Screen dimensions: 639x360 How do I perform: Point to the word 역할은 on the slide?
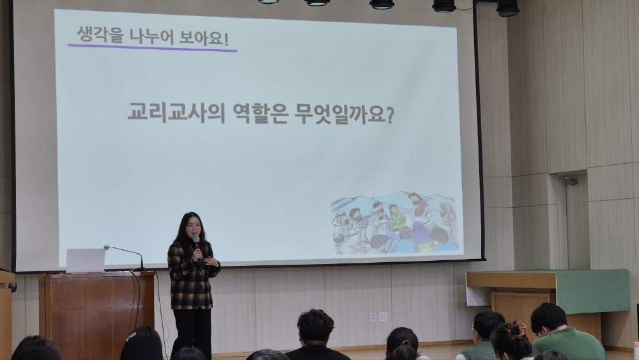click(x=261, y=113)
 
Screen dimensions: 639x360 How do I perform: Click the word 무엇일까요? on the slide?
click(x=345, y=114)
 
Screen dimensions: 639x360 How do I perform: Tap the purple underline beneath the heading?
click(x=153, y=48)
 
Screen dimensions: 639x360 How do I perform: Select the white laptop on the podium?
click(x=85, y=260)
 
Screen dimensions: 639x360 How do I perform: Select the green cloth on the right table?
click(x=592, y=291)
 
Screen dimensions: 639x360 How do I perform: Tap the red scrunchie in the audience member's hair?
click(x=517, y=329)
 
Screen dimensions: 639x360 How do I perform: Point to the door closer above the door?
click(x=571, y=180)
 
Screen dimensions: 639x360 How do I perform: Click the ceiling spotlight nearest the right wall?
click(x=507, y=8)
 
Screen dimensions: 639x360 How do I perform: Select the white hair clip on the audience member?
click(x=131, y=336)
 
